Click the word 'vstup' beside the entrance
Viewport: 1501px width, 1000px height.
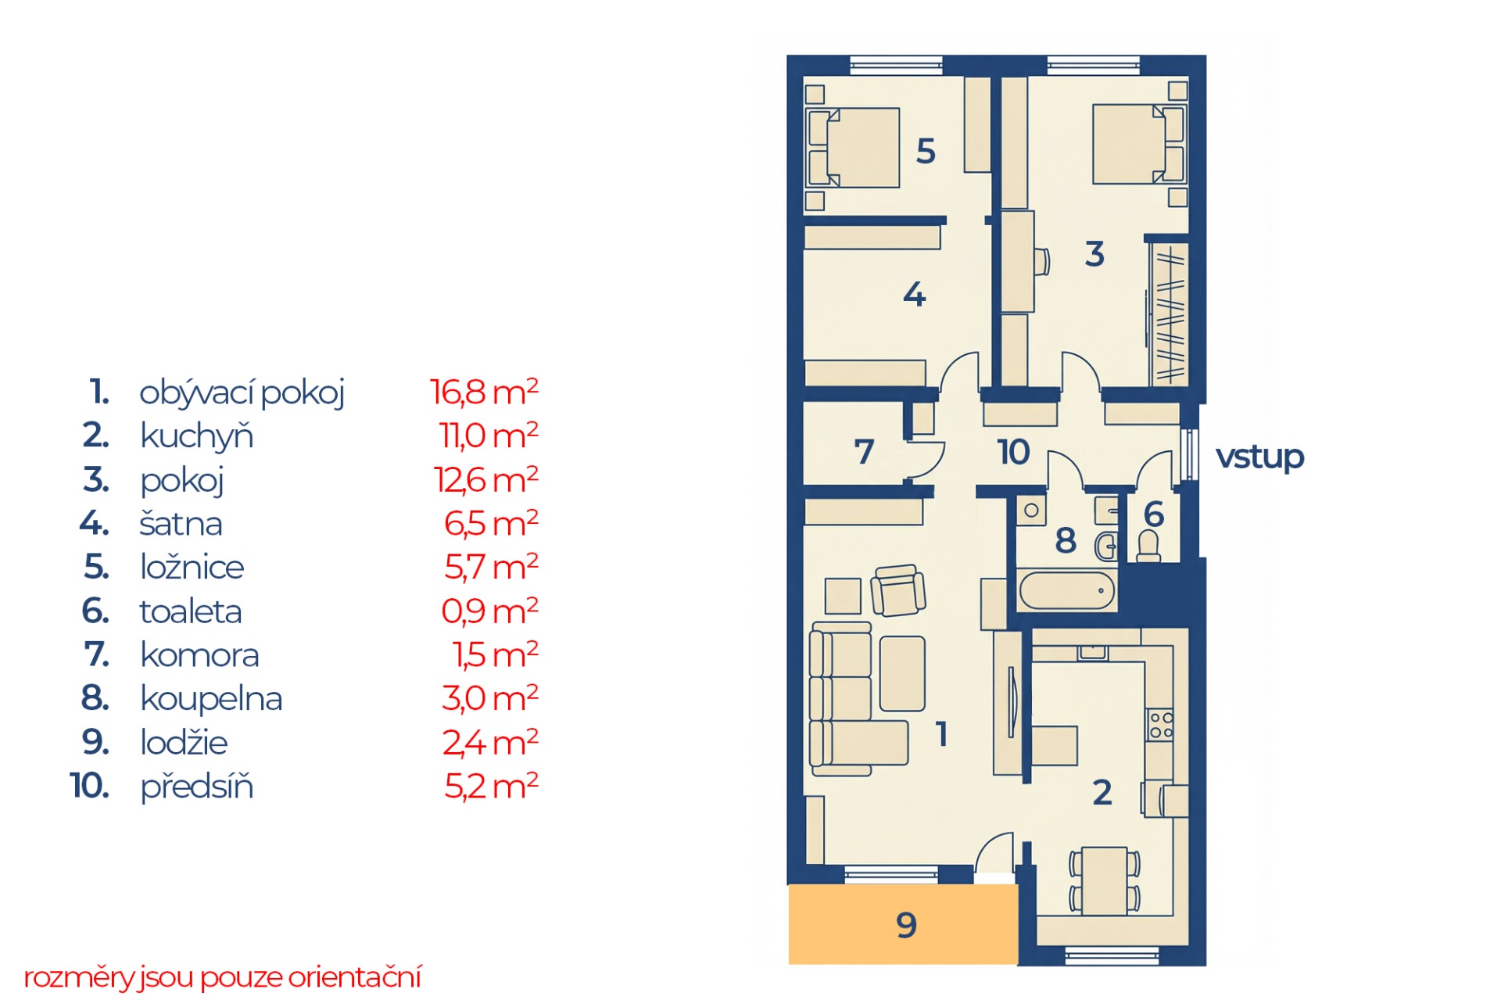1259,457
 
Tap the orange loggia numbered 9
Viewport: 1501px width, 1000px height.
903,924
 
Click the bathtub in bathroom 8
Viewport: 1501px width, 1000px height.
1066,590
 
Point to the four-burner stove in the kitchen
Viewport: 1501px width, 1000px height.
1160,726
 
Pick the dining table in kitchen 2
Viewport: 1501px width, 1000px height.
1104,880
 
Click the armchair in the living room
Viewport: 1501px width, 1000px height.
898,590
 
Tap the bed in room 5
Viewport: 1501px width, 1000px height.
854,148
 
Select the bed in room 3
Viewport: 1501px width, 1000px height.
1138,145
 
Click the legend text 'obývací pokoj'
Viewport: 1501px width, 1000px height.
242,392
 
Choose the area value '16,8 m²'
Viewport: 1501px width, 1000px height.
484,392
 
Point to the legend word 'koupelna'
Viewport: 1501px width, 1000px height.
211,699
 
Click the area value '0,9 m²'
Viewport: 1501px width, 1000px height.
489,611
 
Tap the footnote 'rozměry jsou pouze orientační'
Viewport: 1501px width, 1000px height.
222,977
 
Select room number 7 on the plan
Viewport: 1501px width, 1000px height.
864,452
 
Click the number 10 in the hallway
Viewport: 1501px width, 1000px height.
1013,452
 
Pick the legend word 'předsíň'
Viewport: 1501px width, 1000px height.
197,787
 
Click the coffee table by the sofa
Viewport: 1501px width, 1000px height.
902,673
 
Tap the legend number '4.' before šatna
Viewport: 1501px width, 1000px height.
94,523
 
